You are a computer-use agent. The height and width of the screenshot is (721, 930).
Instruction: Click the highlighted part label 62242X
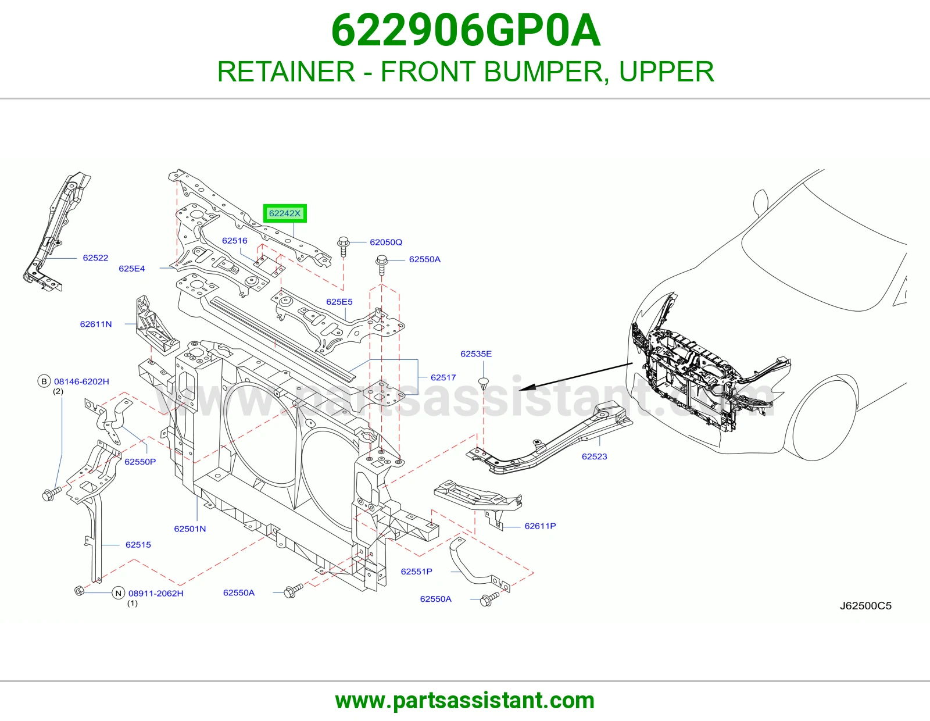pos(285,213)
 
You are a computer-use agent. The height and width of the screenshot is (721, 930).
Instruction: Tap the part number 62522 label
pos(95,258)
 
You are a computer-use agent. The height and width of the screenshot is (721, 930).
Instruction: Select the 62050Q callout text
pos(386,242)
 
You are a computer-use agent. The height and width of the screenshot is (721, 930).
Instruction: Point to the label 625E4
pos(132,269)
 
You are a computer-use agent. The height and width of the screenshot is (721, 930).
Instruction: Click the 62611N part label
pos(96,324)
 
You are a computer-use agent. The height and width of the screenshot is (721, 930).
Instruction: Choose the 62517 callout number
pos(443,377)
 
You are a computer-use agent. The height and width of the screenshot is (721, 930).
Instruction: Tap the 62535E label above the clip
pos(476,354)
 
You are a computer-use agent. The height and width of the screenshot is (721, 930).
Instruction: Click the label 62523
pos(595,456)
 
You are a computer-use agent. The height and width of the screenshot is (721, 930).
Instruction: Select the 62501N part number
pos(190,529)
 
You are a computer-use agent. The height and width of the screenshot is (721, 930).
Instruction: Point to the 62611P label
pos(540,526)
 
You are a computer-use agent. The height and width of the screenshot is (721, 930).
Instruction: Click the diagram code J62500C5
pos(865,606)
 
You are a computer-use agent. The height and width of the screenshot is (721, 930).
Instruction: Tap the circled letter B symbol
pos(44,381)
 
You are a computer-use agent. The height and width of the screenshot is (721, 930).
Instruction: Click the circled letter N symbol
pos(118,594)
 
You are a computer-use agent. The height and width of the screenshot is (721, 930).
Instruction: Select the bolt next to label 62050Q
pos(344,246)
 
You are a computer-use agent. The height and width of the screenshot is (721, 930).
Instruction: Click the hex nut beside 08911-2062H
pos(79,591)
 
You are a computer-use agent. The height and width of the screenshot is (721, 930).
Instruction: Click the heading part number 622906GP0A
pos(466,30)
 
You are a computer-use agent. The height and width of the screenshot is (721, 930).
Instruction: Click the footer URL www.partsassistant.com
pos(465,701)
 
